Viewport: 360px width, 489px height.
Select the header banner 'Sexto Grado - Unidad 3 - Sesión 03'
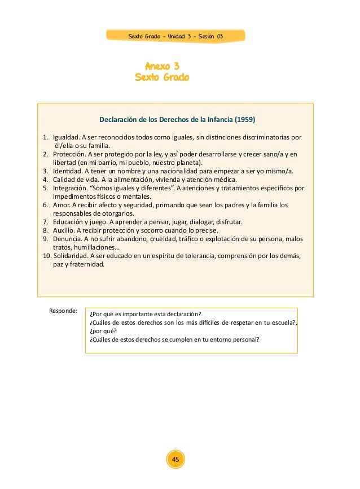[175, 36]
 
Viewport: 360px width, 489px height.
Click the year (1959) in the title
[245, 120]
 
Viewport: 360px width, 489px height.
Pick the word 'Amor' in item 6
[61, 205]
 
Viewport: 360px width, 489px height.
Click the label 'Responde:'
[63, 311]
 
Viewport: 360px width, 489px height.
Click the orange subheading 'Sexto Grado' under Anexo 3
[163, 77]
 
